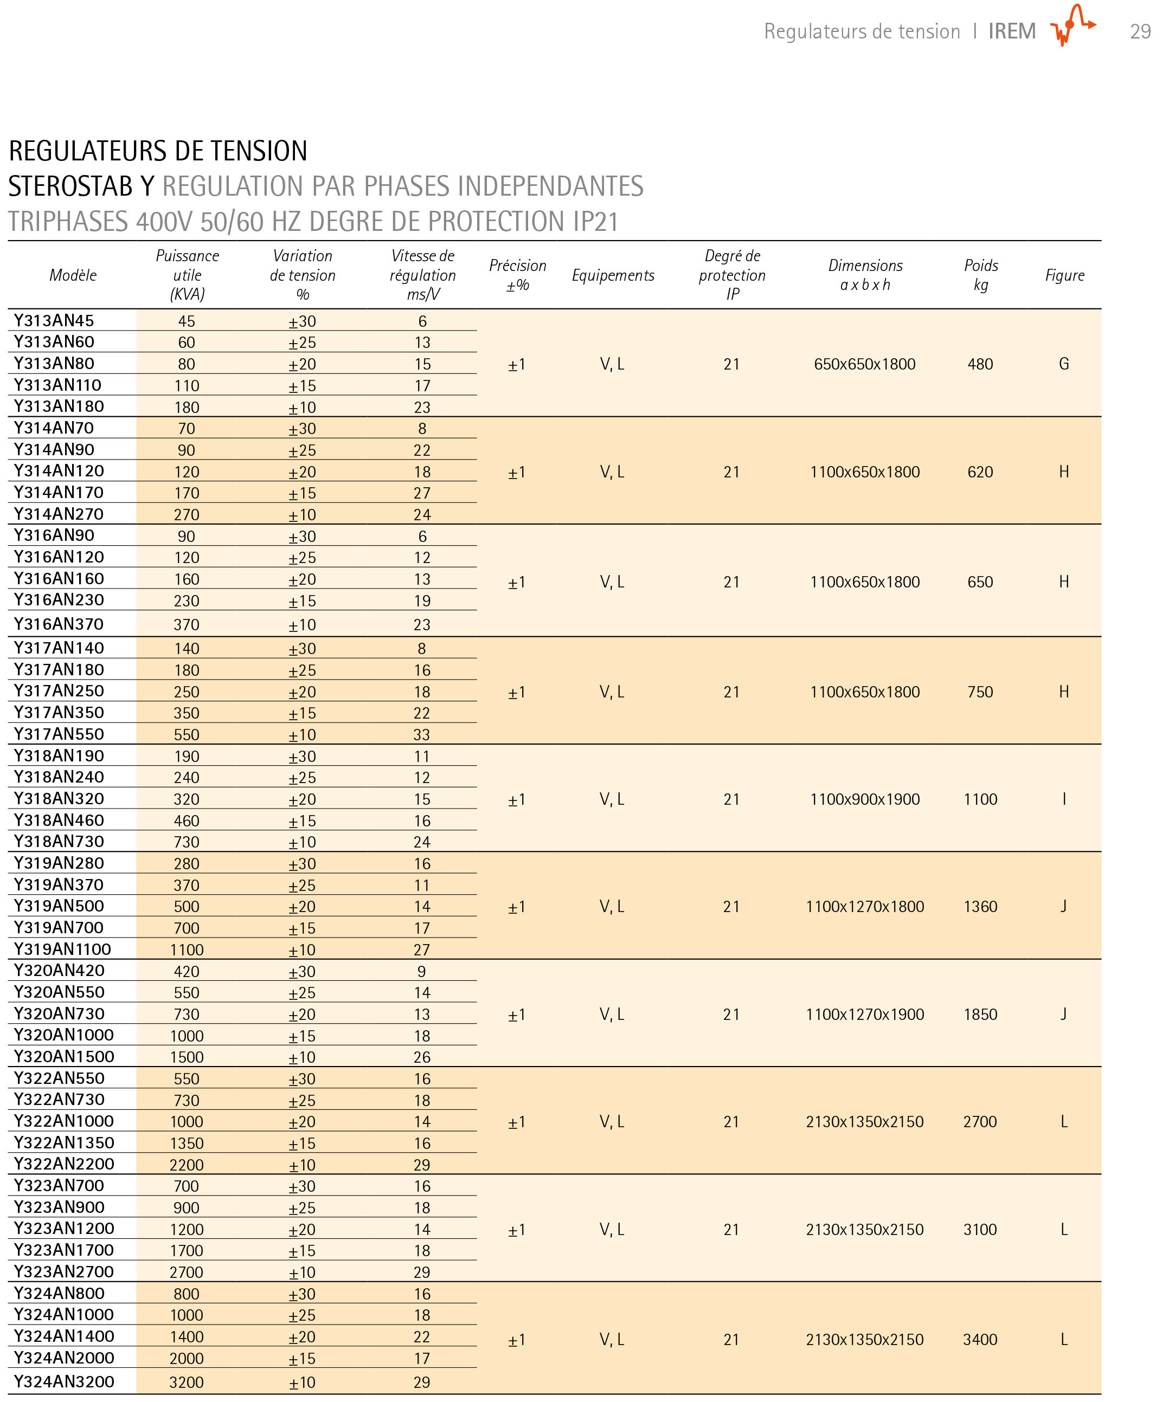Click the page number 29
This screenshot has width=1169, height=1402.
click(x=1140, y=31)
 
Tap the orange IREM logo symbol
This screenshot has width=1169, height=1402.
click(x=1072, y=25)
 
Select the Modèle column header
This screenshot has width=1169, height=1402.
click(x=73, y=275)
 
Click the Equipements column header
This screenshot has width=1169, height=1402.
click(x=613, y=275)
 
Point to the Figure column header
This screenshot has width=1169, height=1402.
click(x=1064, y=275)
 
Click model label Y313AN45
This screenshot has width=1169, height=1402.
click(x=54, y=320)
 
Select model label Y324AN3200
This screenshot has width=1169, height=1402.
click(x=64, y=1381)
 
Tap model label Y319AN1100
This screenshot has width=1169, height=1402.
click(x=63, y=949)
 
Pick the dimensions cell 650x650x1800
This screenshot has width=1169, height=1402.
click(x=864, y=364)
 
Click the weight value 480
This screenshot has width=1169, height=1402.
click(x=980, y=364)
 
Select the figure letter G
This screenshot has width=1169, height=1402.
click(x=1063, y=364)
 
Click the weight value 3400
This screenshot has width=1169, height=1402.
click(x=980, y=1339)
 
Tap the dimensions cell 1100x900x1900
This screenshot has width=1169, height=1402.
click(x=864, y=799)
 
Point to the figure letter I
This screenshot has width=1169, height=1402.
click(x=1063, y=799)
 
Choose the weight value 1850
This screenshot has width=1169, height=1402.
click(x=980, y=1014)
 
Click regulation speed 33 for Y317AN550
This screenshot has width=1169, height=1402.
click(x=421, y=734)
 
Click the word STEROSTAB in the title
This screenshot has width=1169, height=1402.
click(x=70, y=186)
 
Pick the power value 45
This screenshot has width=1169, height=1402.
click(x=187, y=321)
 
